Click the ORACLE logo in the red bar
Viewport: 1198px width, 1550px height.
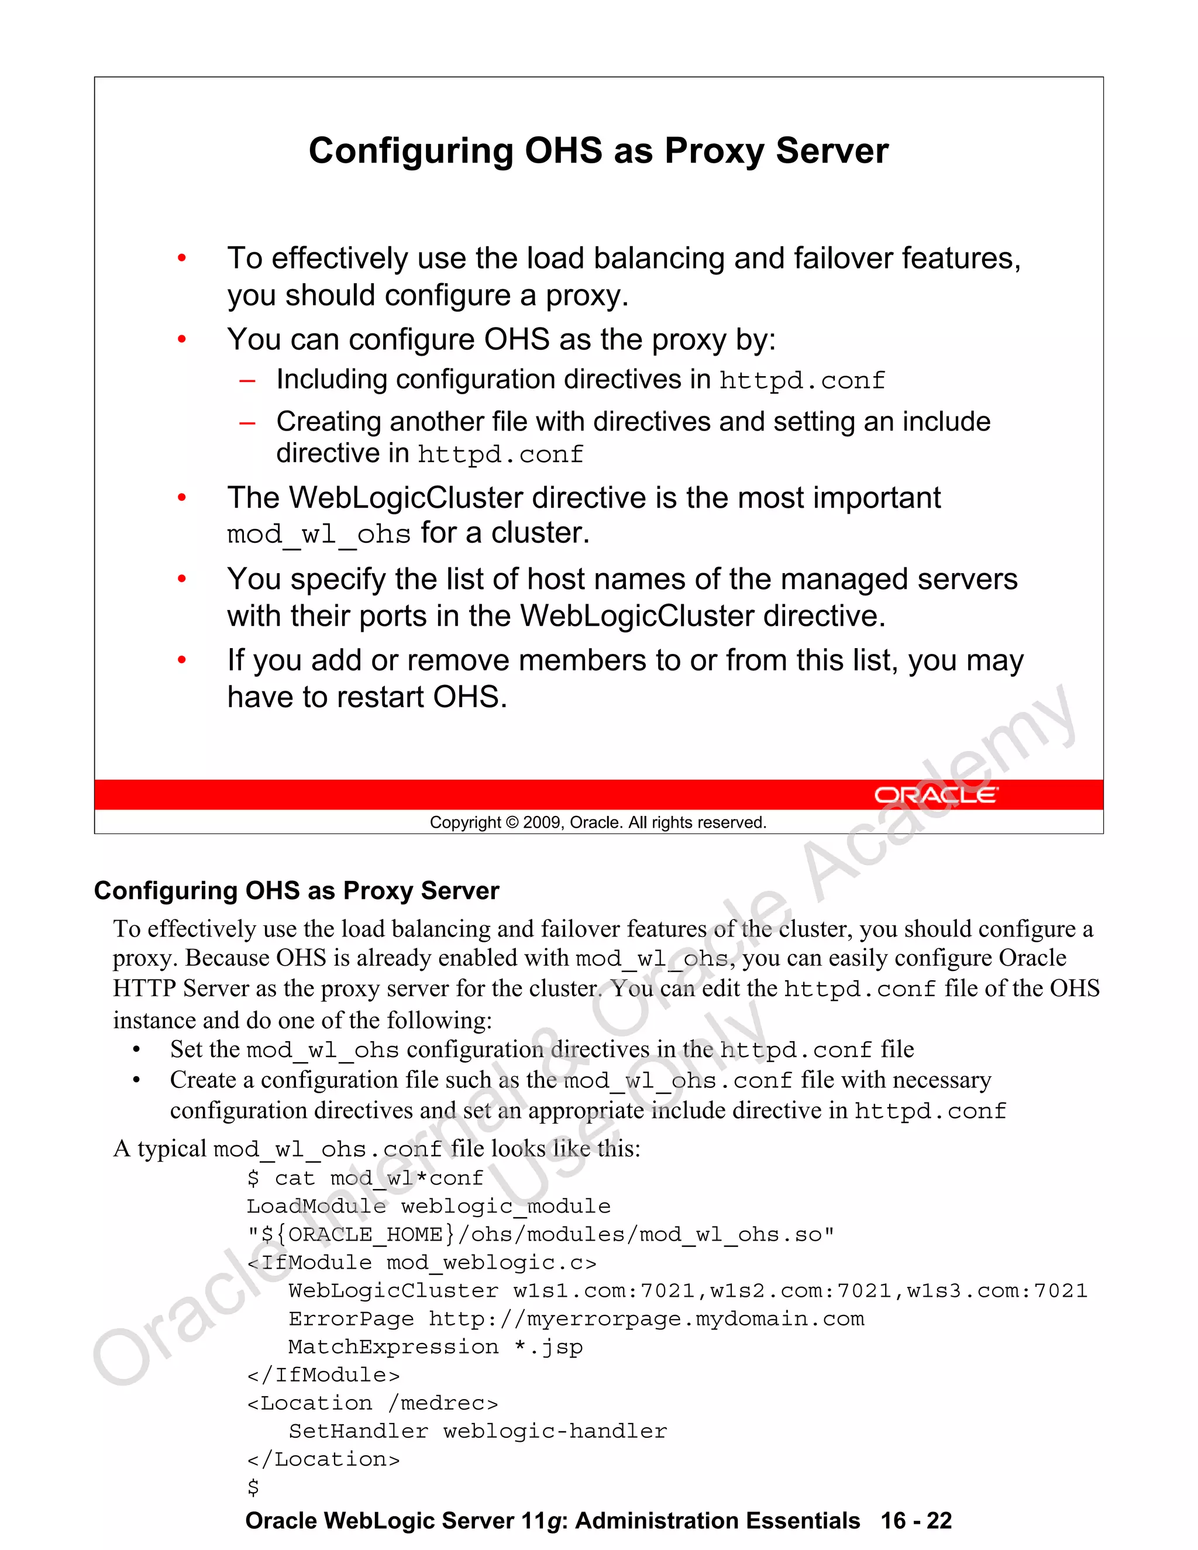(935, 795)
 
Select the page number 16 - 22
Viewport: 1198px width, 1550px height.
(916, 1521)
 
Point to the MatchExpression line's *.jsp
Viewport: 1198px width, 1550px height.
(549, 1347)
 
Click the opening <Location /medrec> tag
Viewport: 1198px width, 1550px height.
(373, 1403)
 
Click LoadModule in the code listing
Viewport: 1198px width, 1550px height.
(316, 1207)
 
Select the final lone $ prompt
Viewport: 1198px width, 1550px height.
(253, 1487)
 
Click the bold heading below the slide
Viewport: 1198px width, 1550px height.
(297, 891)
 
